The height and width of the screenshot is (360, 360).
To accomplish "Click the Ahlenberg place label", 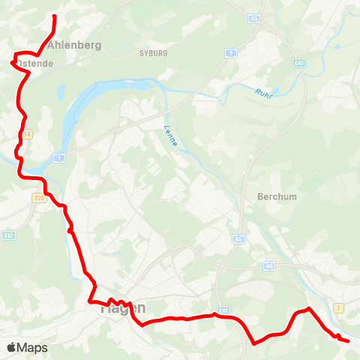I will [x=73, y=46].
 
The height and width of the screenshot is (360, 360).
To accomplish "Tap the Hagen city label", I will [x=122, y=307].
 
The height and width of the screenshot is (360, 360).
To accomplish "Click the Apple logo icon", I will [x=11, y=347].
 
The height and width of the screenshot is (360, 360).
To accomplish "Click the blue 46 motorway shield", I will [x=270, y=266].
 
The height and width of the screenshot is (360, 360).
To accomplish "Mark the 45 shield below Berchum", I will [x=238, y=239].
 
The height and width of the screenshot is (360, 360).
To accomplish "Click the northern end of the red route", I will [x=55, y=15].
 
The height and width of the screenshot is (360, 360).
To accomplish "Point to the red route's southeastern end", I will [x=349, y=341].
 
